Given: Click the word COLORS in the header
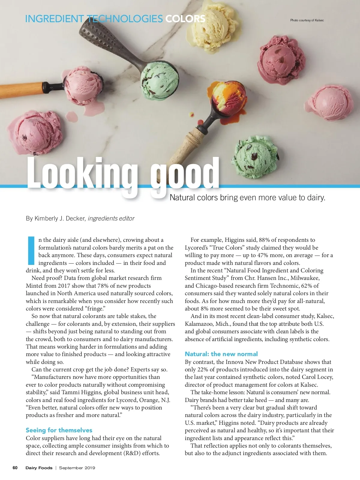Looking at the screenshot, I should click(185, 19).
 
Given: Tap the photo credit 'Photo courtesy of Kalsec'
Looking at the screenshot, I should click(307, 20).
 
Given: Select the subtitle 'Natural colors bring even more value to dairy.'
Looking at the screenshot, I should click(247, 197).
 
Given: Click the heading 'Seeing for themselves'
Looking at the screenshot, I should click(59, 430).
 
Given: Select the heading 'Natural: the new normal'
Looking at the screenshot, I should click(221, 354).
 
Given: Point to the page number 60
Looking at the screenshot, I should click(15, 468).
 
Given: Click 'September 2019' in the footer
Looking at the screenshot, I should click(77, 468).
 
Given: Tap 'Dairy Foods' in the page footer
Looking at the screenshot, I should click(39, 468).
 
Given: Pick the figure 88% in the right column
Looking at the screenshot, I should click(264, 240).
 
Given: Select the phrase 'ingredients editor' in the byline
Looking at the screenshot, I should click(111, 218).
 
